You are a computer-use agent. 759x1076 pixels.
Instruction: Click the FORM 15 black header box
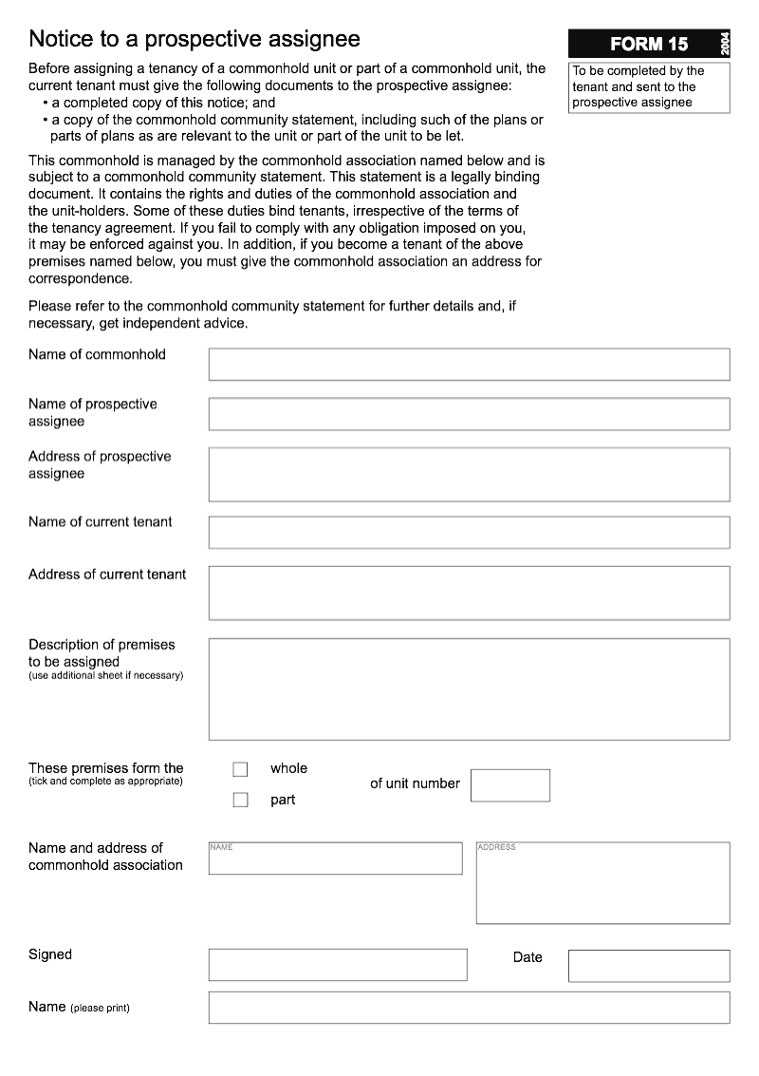(x=649, y=44)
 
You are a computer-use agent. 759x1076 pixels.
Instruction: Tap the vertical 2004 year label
(x=725, y=44)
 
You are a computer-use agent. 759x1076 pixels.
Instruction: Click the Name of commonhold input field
(x=469, y=364)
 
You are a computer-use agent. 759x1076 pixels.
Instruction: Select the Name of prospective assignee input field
(x=469, y=414)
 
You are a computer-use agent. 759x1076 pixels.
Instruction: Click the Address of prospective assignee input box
(x=469, y=474)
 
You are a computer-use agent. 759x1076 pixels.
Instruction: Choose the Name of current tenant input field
(x=469, y=532)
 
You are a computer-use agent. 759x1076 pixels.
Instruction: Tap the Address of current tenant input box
(x=469, y=593)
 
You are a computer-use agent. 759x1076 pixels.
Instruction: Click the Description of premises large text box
(x=469, y=689)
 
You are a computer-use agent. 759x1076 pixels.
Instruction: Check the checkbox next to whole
(x=240, y=769)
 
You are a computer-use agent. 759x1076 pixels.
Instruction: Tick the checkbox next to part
(x=240, y=801)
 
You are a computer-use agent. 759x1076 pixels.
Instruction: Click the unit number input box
(x=509, y=785)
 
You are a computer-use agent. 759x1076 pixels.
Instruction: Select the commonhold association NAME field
(x=335, y=859)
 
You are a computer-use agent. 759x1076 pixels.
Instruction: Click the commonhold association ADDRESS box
(x=602, y=883)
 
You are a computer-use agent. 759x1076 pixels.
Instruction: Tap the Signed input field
(x=338, y=965)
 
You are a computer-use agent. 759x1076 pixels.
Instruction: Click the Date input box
(x=649, y=965)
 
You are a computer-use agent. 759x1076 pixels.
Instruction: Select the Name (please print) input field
(x=469, y=1008)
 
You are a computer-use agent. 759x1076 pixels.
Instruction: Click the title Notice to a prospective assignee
(x=194, y=39)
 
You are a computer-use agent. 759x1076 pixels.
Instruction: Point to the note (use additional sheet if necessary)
(x=105, y=676)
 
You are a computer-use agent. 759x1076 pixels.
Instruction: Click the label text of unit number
(x=415, y=783)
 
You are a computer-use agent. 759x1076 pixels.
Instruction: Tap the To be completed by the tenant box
(x=649, y=86)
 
